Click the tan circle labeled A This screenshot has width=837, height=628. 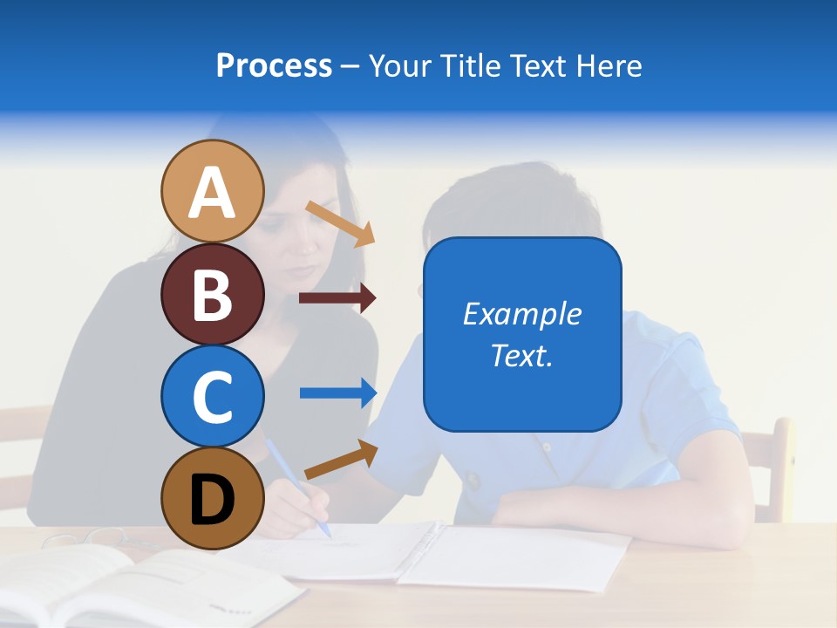(x=212, y=191)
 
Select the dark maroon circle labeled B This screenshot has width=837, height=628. (x=212, y=294)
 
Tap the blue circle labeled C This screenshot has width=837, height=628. (x=212, y=396)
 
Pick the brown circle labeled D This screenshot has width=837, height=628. (x=212, y=498)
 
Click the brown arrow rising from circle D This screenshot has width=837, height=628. (x=341, y=460)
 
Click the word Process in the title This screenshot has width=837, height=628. (x=274, y=66)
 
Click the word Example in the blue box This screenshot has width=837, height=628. (x=521, y=314)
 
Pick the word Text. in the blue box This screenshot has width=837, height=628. (x=521, y=355)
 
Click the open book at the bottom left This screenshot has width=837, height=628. (x=131, y=584)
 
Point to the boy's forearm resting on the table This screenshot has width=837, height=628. (x=610, y=506)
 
